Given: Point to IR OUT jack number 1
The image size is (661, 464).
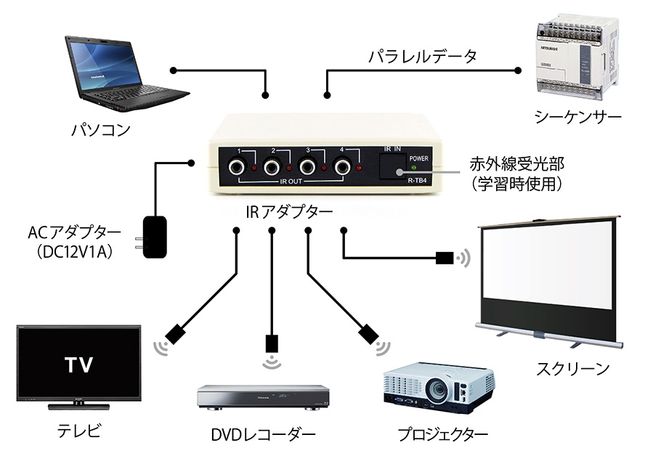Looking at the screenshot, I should tap(237, 168).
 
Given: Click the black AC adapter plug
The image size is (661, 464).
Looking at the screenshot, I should tap(153, 237).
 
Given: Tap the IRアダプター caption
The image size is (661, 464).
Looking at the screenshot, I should tap(289, 211).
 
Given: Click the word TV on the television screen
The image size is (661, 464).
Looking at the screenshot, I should tap(78, 365).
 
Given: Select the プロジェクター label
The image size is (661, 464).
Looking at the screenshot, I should tap(442, 434).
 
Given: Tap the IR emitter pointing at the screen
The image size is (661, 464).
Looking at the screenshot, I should tap(445, 257).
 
